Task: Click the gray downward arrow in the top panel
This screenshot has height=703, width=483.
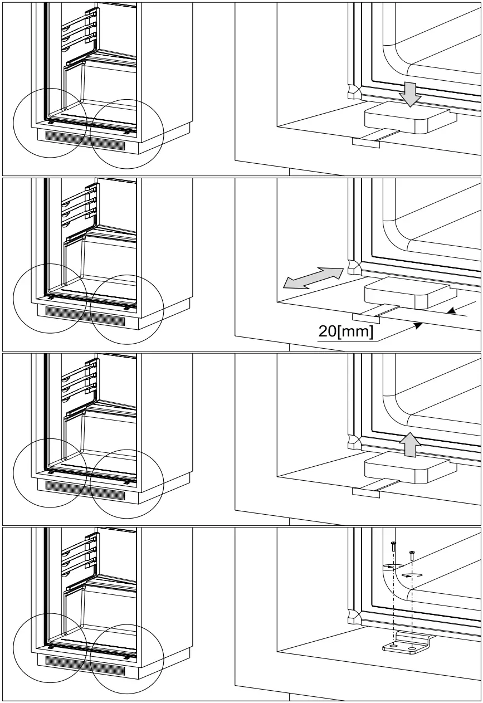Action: click(411, 94)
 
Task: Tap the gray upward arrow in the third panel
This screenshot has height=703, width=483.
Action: click(411, 444)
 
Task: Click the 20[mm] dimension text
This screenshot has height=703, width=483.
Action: click(346, 331)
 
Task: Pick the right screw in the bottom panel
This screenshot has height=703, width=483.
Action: click(412, 555)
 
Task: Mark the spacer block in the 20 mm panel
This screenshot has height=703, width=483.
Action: click(407, 294)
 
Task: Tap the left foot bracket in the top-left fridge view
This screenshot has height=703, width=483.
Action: click(51, 121)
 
